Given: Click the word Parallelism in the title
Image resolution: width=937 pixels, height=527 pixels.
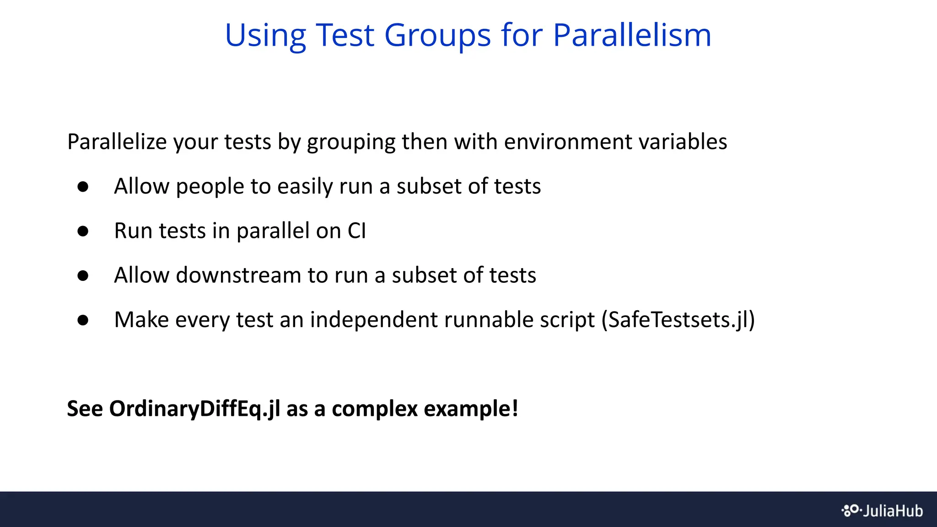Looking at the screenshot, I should [x=632, y=35].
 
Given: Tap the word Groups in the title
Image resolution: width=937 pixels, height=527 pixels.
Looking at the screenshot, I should [x=437, y=36].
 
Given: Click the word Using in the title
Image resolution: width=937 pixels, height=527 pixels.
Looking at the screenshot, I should [x=265, y=36].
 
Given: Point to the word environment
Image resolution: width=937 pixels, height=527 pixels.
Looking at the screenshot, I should [x=568, y=142].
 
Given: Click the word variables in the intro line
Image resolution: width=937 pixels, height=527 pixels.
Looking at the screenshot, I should [x=683, y=142].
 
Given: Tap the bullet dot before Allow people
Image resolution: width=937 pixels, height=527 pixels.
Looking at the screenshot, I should [x=83, y=187].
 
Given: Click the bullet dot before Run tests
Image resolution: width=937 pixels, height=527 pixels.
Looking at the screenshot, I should [x=83, y=231].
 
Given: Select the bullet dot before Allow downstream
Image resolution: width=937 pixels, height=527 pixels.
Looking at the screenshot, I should [x=83, y=275].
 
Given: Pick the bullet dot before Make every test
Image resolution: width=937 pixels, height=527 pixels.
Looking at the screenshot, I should [x=83, y=320].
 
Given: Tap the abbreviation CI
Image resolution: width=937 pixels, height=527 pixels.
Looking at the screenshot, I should [x=357, y=231].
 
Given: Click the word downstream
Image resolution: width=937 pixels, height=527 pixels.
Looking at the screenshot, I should [x=238, y=275].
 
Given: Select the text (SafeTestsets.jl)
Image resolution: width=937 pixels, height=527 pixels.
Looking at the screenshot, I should [x=678, y=320].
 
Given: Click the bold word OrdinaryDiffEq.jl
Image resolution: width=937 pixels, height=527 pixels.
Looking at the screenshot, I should [x=194, y=409].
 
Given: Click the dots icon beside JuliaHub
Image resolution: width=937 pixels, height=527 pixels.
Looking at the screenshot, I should [x=851, y=510].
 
